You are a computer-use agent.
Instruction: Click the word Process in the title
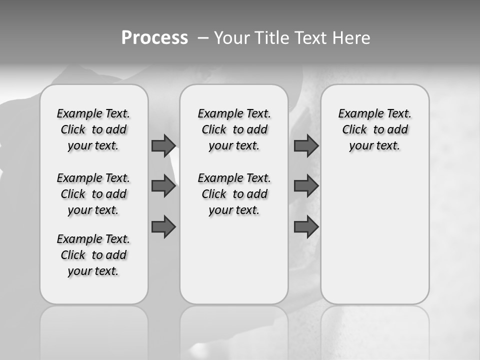click(154, 38)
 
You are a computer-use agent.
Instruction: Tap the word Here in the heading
click(351, 38)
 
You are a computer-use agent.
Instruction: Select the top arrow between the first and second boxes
click(163, 145)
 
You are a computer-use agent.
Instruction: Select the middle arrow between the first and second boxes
click(163, 186)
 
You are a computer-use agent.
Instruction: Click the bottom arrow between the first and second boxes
click(163, 226)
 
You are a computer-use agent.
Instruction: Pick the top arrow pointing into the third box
click(306, 145)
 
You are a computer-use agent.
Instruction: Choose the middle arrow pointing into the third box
click(306, 186)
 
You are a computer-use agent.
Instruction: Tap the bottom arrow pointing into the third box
click(306, 226)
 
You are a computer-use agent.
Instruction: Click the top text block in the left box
click(93, 129)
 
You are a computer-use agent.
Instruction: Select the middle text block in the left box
click(93, 194)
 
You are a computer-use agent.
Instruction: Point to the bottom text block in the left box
click(93, 255)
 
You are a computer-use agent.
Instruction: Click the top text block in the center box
click(234, 129)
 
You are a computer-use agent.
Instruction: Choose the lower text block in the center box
click(234, 194)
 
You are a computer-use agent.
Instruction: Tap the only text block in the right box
click(374, 129)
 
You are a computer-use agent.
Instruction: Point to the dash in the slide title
click(203, 38)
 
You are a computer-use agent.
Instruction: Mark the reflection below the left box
click(94, 330)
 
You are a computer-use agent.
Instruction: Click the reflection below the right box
click(375, 330)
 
